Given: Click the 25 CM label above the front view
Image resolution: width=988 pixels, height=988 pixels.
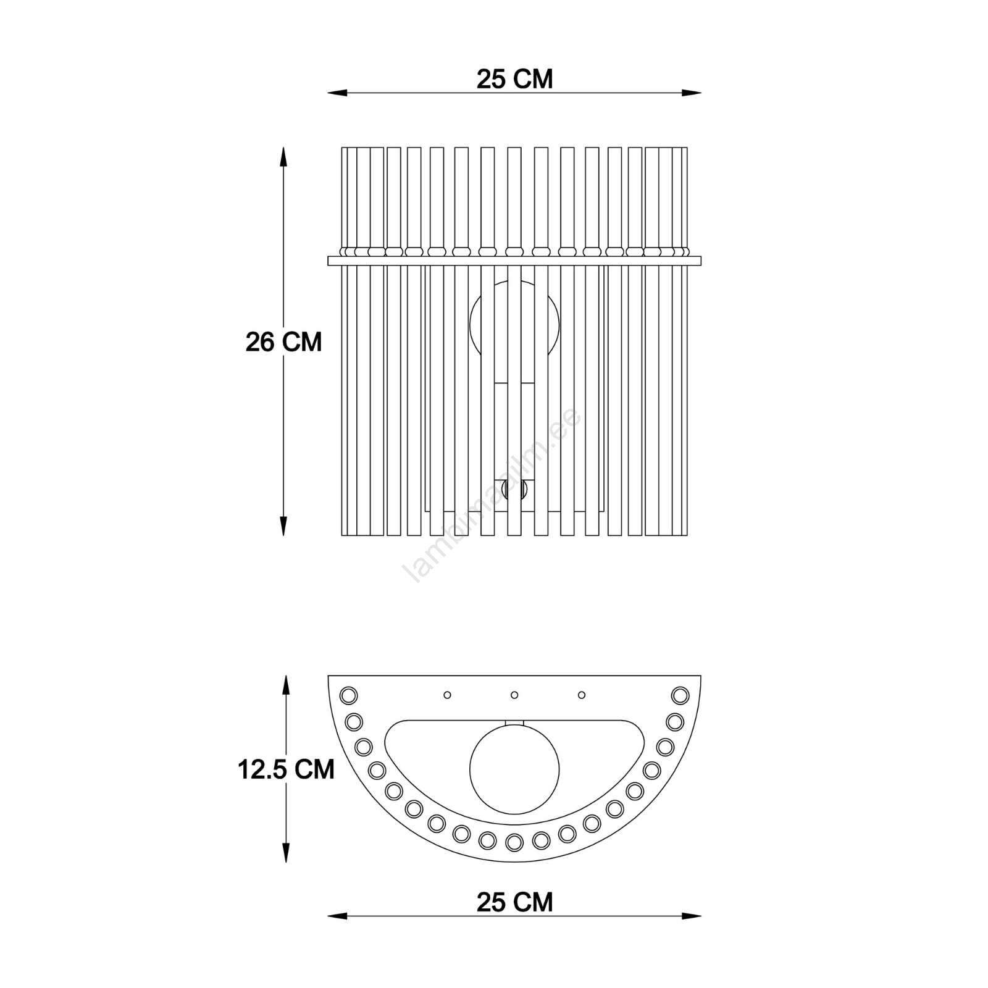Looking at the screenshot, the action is point(514,79).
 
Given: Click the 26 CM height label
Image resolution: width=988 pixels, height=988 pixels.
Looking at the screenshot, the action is point(284,341).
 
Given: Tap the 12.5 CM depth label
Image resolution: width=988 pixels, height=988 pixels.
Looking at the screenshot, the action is point(286,769).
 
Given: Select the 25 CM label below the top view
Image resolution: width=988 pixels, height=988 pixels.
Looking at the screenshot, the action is point(514,902).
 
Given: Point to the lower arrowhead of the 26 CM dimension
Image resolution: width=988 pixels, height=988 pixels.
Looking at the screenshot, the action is point(283,525).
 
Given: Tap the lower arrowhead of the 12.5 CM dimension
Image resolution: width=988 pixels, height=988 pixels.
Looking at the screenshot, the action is point(285,852).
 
